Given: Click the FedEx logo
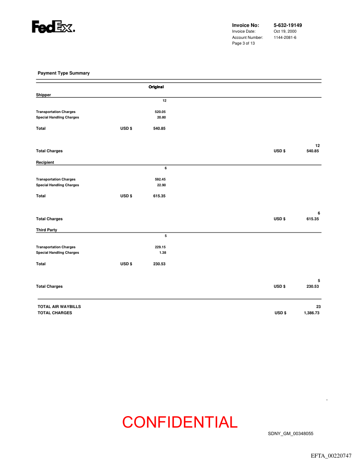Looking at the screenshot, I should [x=53, y=27].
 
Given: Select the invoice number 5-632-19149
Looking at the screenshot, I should [x=288, y=25].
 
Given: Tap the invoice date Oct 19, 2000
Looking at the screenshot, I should [x=285, y=31].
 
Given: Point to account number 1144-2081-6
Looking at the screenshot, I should [x=285, y=38].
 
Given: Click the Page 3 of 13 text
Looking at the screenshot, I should [x=243, y=43].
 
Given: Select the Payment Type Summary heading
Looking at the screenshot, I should [x=64, y=73].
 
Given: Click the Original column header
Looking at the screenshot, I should [x=156, y=87].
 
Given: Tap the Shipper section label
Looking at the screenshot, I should [x=43, y=95].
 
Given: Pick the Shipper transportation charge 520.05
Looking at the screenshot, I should [x=160, y=112].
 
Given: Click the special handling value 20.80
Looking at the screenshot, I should [x=161, y=117].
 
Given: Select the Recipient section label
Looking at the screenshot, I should [x=45, y=162].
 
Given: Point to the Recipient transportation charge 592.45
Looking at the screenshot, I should [x=160, y=179].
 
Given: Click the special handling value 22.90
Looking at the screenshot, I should [x=161, y=185].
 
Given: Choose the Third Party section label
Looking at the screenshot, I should [x=46, y=230].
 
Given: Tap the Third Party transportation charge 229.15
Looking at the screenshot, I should [x=160, y=247].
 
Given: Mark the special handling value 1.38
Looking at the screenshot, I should [x=162, y=253].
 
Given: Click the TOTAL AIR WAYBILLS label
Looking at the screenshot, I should [x=59, y=306].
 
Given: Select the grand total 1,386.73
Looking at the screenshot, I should [x=311, y=313].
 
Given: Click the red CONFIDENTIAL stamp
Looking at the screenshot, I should [x=180, y=422].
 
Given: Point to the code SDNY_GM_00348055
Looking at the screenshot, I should [x=290, y=434].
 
